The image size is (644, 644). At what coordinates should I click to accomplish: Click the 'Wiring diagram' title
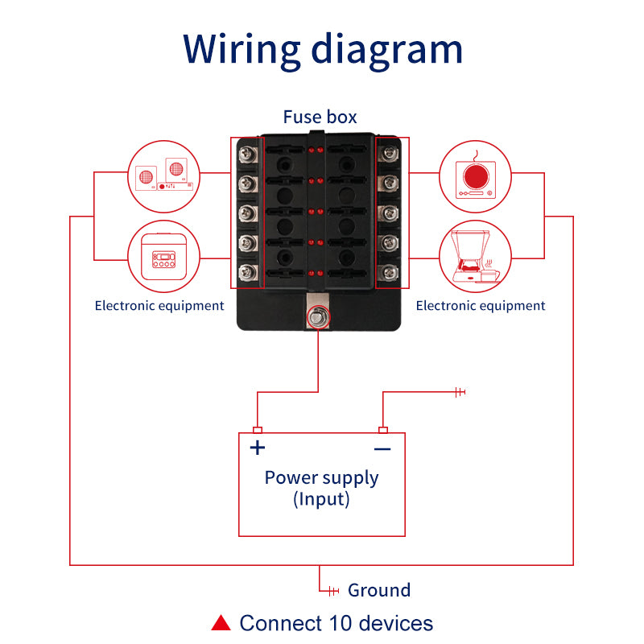[x=323, y=50]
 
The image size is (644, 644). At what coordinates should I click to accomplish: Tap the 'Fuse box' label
[x=320, y=117]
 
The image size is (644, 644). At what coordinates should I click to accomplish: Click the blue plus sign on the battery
[x=258, y=448]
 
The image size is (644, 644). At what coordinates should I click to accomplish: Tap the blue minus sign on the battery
[x=382, y=449]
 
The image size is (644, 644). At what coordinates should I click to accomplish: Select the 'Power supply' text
[x=321, y=478]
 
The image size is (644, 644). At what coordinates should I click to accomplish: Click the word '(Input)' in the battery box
[x=321, y=499]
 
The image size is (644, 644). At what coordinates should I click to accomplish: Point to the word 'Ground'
[x=379, y=590]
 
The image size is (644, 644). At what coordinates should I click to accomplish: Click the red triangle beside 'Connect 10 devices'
[x=221, y=622]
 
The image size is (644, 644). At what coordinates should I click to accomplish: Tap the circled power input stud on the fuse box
[x=318, y=317]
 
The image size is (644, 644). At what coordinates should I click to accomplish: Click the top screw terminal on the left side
[x=248, y=154]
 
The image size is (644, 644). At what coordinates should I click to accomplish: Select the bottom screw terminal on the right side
[x=389, y=272]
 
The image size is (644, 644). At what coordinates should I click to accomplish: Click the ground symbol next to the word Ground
[x=333, y=591]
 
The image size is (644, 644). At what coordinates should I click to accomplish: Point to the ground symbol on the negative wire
[x=460, y=392]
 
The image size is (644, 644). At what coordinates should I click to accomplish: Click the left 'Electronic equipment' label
[x=159, y=306]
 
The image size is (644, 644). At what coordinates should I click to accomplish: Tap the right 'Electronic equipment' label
[x=481, y=306]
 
